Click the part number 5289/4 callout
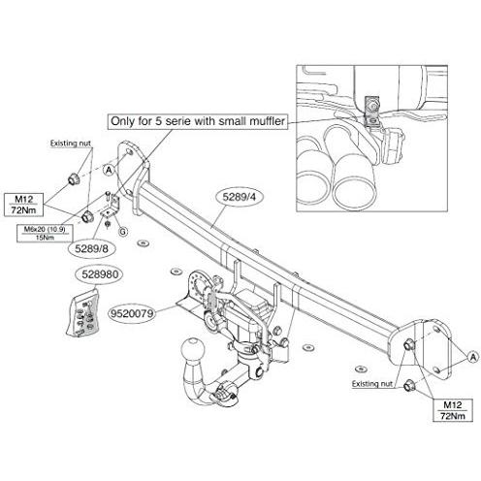click(239, 198)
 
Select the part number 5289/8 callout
click(91, 248)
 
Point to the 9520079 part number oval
click(132, 313)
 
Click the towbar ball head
click(193, 349)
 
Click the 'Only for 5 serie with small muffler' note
click(198, 121)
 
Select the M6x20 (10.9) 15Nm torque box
click(45, 234)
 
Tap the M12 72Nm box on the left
click(23, 205)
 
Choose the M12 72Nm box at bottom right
click(453, 410)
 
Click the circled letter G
click(123, 232)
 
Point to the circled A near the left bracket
click(110, 170)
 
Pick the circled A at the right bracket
click(473, 357)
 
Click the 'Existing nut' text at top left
click(71, 144)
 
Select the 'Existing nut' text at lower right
click(371, 384)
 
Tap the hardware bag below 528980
click(82, 313)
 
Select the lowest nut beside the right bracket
click(409, 386)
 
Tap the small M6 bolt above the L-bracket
click(108, 197)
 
